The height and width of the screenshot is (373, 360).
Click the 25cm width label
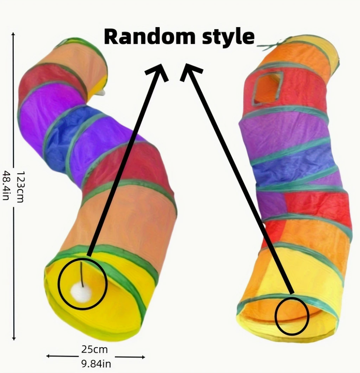94,350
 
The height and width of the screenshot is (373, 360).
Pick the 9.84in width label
96,363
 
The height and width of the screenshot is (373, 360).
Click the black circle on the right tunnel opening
292,316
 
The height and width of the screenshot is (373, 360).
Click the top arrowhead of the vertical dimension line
13,35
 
